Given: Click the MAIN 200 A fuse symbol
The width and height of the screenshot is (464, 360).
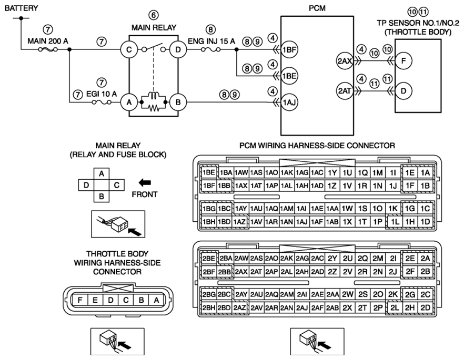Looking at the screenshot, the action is pos(48,49).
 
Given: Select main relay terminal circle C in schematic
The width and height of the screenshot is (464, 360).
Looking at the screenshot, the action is pos(129,49).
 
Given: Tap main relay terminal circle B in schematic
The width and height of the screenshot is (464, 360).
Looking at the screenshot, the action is pos(178,102).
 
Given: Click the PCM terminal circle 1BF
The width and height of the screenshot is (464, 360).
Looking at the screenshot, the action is pos(289,49).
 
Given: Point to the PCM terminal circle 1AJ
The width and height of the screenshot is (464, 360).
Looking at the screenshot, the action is pos(289,102).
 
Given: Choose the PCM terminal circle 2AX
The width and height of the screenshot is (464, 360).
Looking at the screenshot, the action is pos(345,61).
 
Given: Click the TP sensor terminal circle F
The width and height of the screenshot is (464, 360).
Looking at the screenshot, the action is pos(404,61).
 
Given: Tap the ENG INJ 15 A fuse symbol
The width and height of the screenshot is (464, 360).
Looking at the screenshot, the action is pos(210,49).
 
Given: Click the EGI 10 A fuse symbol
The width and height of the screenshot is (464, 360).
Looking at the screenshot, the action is pos(102,102).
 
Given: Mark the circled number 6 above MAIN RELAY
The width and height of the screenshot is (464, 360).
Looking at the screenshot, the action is pos(153,15).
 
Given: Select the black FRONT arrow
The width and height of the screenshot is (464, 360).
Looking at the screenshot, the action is pos(145,183).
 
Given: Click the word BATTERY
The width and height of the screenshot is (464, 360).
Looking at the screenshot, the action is pos(21,8).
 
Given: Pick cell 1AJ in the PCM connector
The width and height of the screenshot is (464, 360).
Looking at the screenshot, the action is pos(301,222).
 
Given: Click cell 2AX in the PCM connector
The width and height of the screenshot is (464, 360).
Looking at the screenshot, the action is pos(241,271).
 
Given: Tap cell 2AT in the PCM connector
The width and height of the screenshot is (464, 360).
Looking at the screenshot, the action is pos(256,271).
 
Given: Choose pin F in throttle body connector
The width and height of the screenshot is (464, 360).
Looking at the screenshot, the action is pos(80,300).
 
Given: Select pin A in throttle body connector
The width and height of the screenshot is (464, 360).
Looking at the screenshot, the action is pos(157,300).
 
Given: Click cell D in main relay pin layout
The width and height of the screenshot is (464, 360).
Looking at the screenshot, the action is pos(86,185).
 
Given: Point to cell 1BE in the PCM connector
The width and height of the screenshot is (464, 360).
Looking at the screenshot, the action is pos(209,172).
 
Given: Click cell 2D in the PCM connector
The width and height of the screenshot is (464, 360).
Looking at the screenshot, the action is pos(425,307).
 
